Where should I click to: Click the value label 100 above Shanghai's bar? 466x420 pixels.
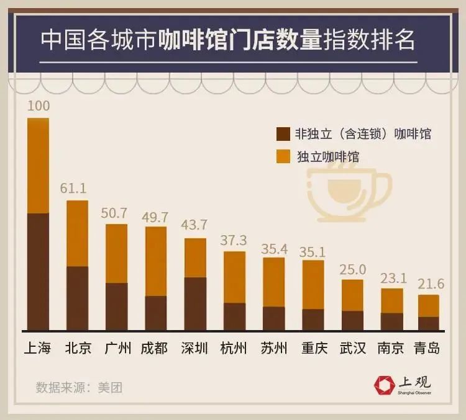[x=39, y=105]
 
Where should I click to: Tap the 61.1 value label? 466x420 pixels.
[x=77, y=187]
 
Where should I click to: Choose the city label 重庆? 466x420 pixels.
[x=314, y=347]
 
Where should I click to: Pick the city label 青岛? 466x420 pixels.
[x=427, y=347]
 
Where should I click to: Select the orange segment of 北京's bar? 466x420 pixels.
[x=77, y=233]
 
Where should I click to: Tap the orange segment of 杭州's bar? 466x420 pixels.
[x=234, y=277]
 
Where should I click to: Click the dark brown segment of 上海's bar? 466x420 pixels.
[x=39, y=271]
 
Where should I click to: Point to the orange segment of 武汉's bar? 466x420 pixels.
[x=352, y=295]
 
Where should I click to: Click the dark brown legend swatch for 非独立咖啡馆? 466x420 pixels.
[x=283, y=134]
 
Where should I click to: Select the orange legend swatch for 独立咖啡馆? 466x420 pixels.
[x=283, y=156]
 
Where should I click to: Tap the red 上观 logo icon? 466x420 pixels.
[x=385, y=385]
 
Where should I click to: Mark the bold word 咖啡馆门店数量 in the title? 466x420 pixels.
[x=240, y=41]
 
